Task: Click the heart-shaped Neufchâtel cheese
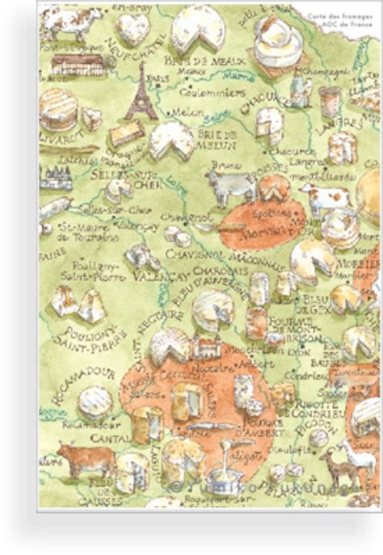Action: pos(132,29)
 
